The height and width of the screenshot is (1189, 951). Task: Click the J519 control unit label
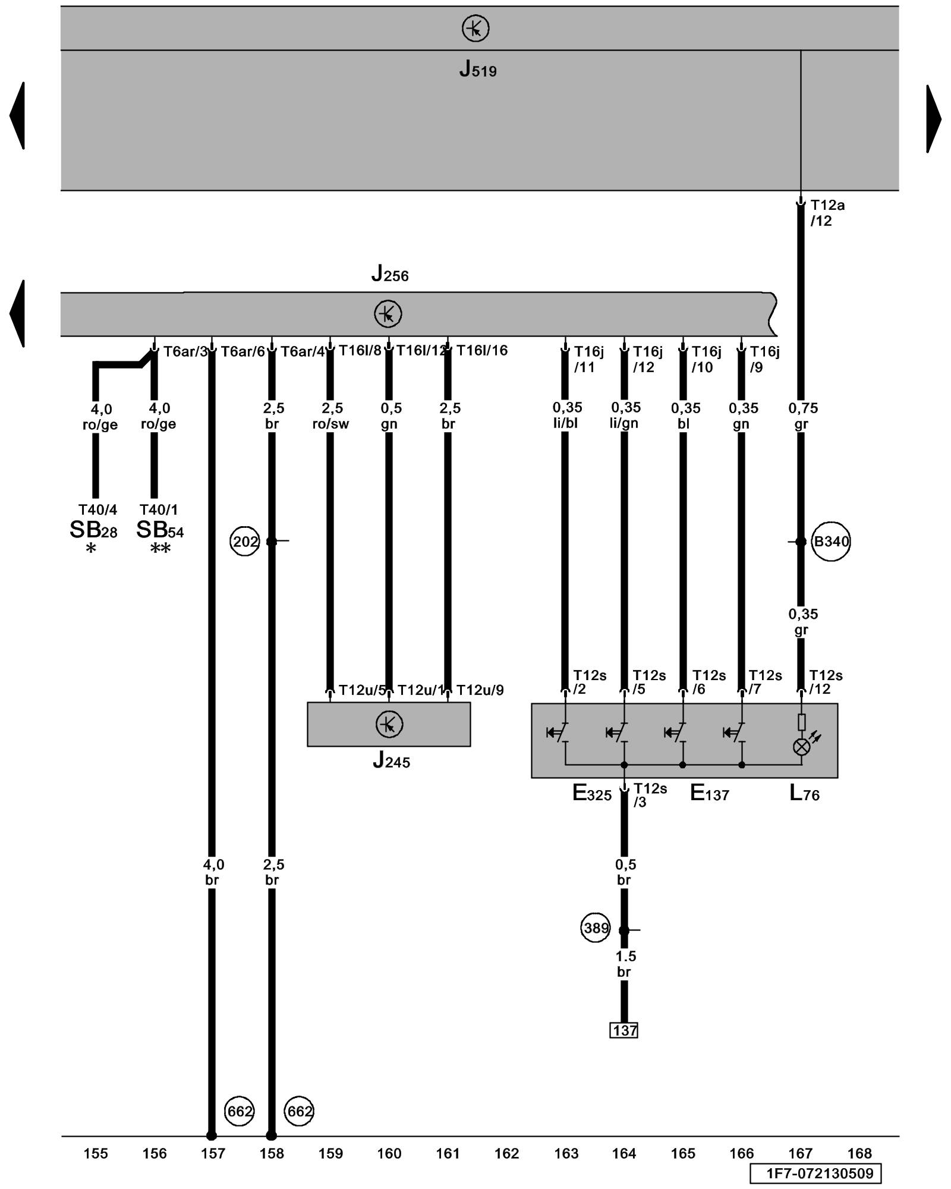[477, 70]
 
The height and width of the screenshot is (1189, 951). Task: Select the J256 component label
[390, 274]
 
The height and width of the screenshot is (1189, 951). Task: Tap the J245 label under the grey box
[391, 761]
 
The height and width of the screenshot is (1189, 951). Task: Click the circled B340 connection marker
[831, 542]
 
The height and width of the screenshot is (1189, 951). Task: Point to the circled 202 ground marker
[245, 542]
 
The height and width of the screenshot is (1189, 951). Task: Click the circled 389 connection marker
[596, 928]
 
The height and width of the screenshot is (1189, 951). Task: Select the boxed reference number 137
[624, 1030]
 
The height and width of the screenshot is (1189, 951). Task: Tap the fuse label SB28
[93, 530]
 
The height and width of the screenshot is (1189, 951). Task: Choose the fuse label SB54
[160, 530]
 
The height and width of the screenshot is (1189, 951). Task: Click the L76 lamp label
[804, 793]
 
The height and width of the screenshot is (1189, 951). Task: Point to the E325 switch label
[591, 793]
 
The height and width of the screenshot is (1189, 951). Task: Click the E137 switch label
[709, 793]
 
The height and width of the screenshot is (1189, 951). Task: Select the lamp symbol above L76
[801, 747]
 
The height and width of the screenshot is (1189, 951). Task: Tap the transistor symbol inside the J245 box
[389, 724]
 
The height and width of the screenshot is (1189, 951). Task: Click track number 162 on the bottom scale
[506, 1154]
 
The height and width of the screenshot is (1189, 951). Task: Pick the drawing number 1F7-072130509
[815, 1174]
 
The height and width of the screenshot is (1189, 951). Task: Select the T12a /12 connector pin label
[827, 213]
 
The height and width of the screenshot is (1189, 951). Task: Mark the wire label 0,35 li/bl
[566, 415]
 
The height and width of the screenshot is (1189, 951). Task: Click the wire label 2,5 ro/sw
[331, 416]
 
